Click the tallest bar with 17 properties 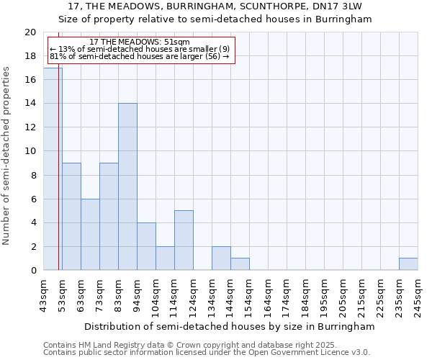pos(53,169)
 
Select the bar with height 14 pos(127,186)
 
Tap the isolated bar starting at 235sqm pos(408,264)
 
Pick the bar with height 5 pos(184,240)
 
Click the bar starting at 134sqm pos(221,258)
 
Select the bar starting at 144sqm pos(240,264)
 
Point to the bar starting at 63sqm pos(90,235)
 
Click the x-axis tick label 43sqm pos(43,295)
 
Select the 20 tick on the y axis pos(30,32)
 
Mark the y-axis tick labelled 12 pos(30,127)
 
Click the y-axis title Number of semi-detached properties pos(7,156)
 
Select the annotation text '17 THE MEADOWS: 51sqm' pos(140,42)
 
